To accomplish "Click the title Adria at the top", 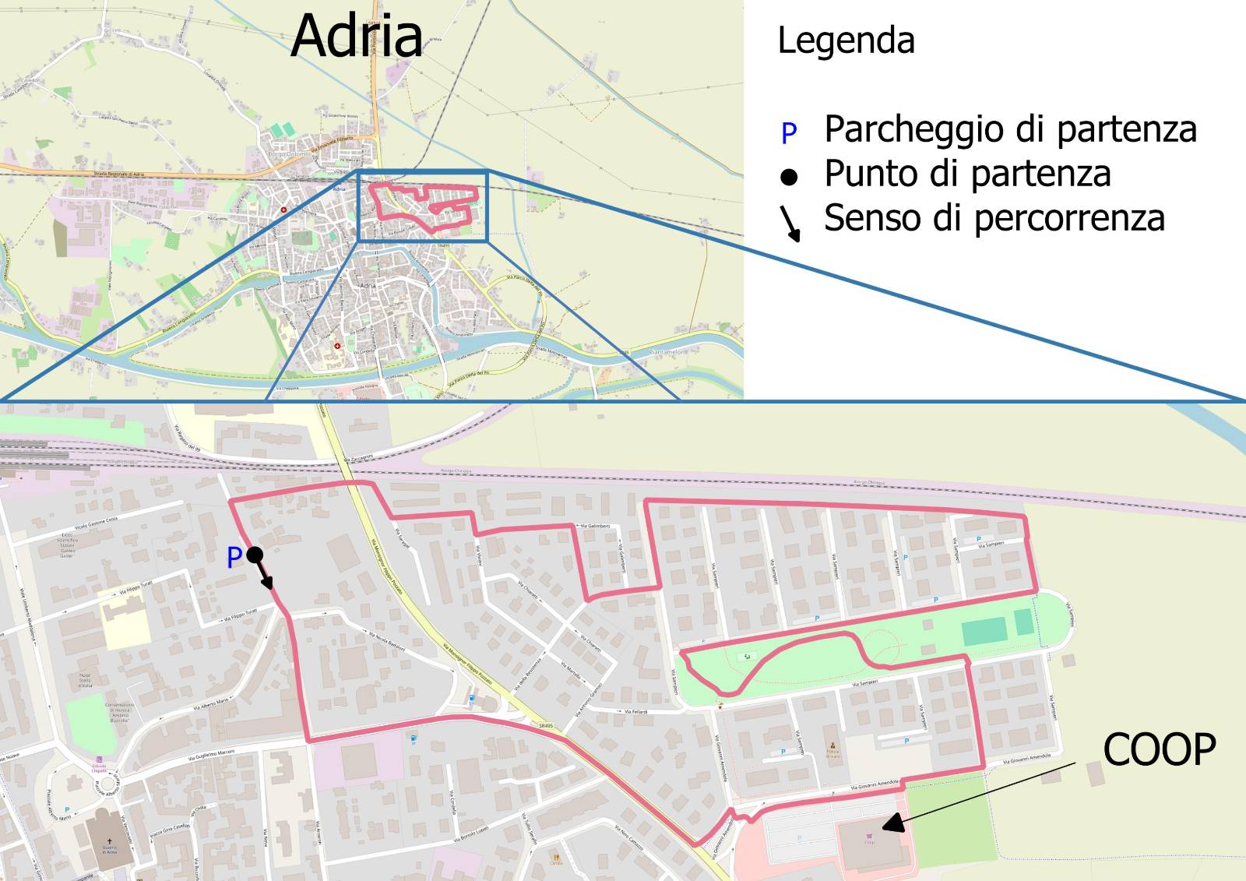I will pyautogui.click(x=357, y=36).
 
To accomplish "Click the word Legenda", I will pyautogui.click(x=846, y=41).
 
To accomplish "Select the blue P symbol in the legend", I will pyautogui.click(x=789, y=134).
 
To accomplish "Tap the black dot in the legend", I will pyautogui.click(x=789, y=178).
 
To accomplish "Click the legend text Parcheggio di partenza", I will pyautogui.click(x=1010, y=129).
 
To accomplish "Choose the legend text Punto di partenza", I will pyautogui.click(x=967, y=174).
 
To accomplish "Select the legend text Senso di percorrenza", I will pyautogui.click(x=994, y=218).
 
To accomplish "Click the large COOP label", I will pyautogui.click(x=1159, y=750).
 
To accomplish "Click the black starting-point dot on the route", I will pyautogui.click(x=255, y=555).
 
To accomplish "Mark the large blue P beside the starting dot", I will pyautogui.click(x=234, y=558).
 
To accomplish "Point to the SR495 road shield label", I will pyautogui.click(x=545, y=725).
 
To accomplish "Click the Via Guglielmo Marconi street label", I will pyautogui.click(x=212, y=756).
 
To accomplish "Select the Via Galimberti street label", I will pyautogui.click(x=595, y=527).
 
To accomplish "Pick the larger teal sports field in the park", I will pyautogui.click(x=984, y=631).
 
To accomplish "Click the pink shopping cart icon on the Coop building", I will pyautogui.click(x=869, y=837).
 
